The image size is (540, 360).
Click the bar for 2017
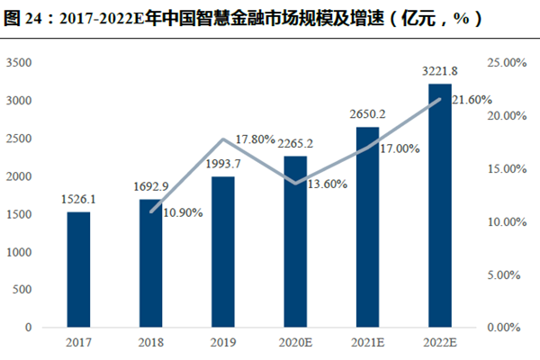pyautogui.click(x=78, y=269)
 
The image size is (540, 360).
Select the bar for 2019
pyautogui.click(x=223, y=252)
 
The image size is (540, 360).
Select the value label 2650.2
pyautogui.click(x=367, y=114)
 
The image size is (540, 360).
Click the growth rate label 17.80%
pyautogui.click(x=255, y=139)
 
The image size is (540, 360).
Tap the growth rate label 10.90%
pyautogui.click(x=183, y=212)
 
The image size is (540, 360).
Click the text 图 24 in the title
pyautogui.click(x=22, y=17)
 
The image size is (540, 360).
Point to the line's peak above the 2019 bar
pyautogui.click(x=223, y=139)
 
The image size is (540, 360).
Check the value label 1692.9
pyautogui.click(x=150, y=187)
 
